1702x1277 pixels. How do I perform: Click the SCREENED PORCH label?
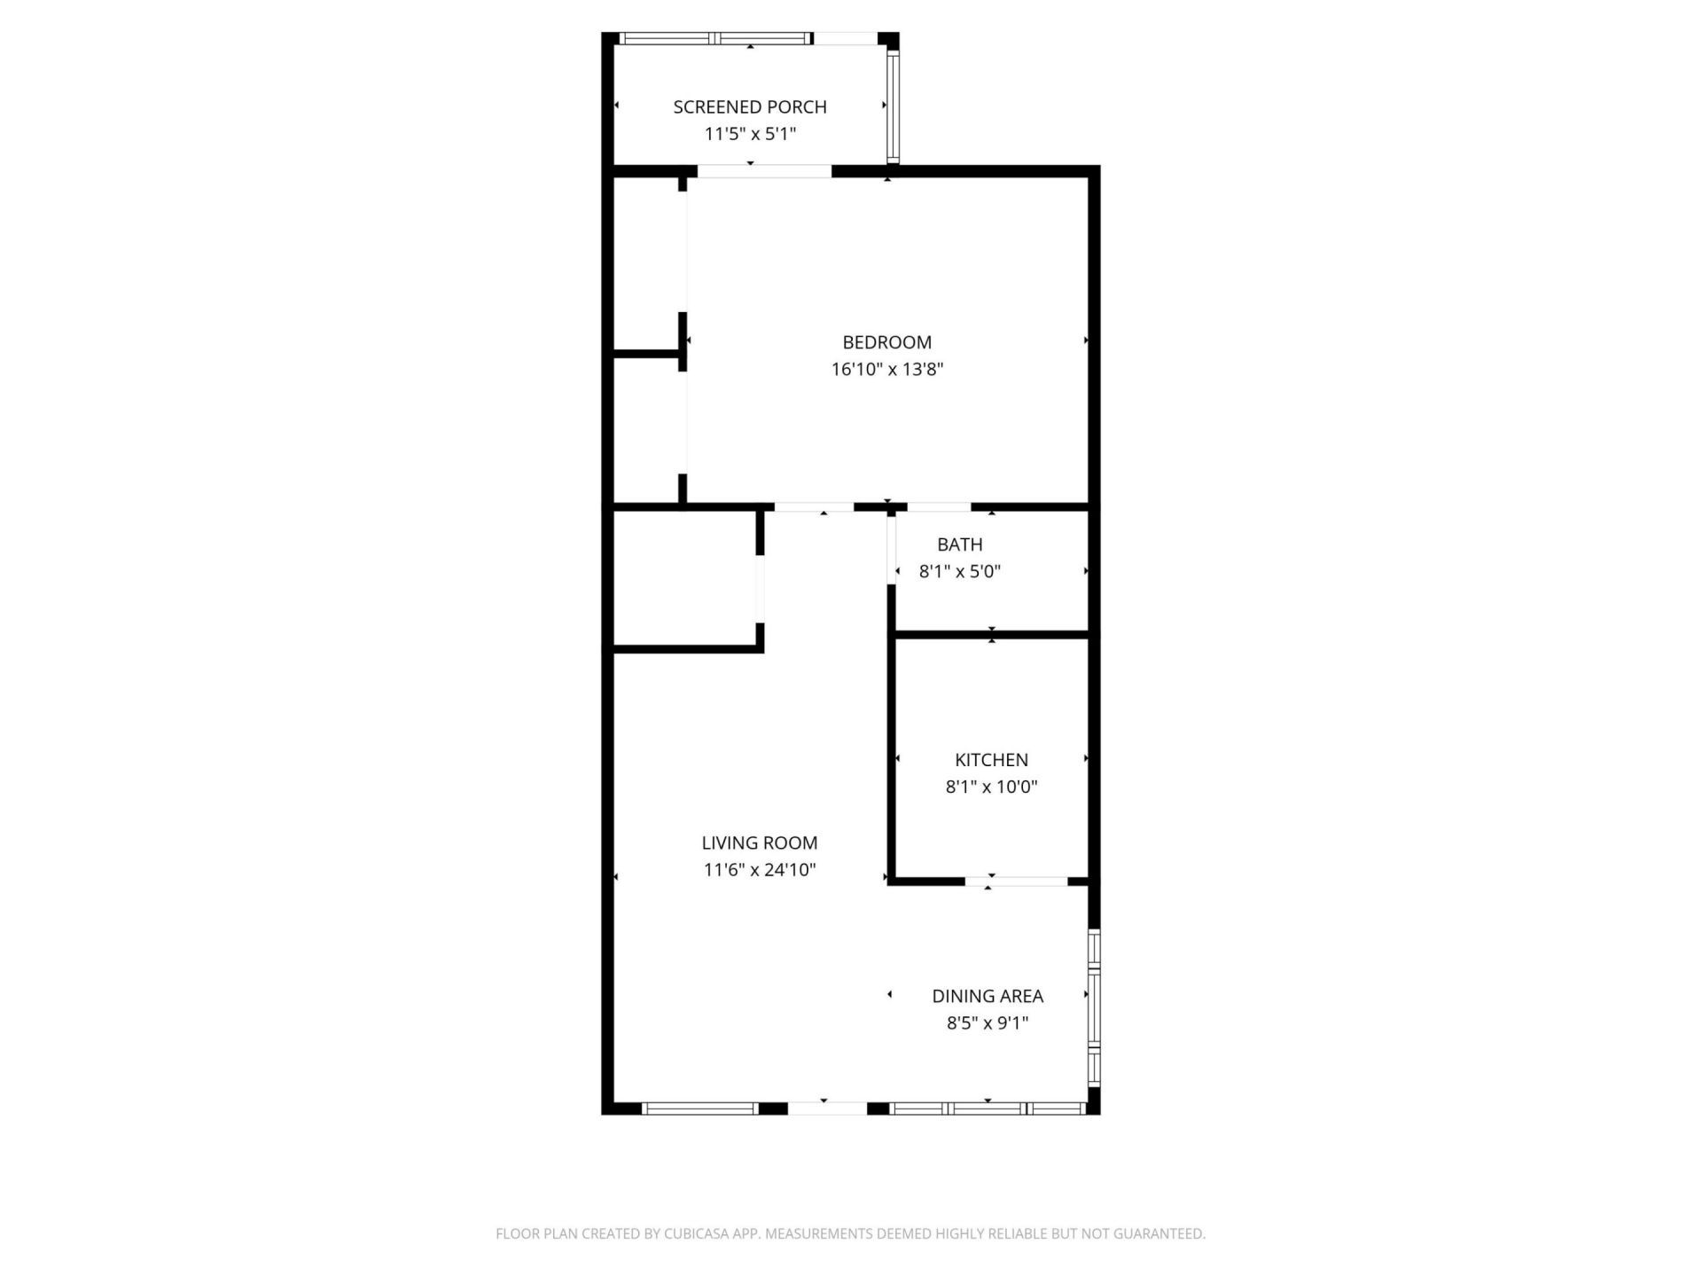750,107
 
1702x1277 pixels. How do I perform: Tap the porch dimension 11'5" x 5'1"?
750,135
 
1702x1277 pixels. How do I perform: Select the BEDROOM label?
886,342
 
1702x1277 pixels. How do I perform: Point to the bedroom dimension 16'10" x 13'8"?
886,370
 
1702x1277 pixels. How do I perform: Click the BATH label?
959,544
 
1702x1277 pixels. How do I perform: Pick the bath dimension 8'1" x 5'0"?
959,572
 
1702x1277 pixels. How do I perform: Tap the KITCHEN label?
991,760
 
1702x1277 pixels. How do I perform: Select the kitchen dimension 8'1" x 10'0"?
991,787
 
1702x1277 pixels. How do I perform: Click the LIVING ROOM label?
760,843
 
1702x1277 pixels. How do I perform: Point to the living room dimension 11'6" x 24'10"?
760,871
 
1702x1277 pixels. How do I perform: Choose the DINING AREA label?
988,997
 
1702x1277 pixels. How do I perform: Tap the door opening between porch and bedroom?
764,171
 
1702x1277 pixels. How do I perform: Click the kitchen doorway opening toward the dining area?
1016,881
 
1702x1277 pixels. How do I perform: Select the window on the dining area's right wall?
1094,1007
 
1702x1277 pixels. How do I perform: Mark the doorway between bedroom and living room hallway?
814,507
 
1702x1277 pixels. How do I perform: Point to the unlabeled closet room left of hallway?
684,579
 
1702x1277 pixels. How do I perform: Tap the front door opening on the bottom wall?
826,1109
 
